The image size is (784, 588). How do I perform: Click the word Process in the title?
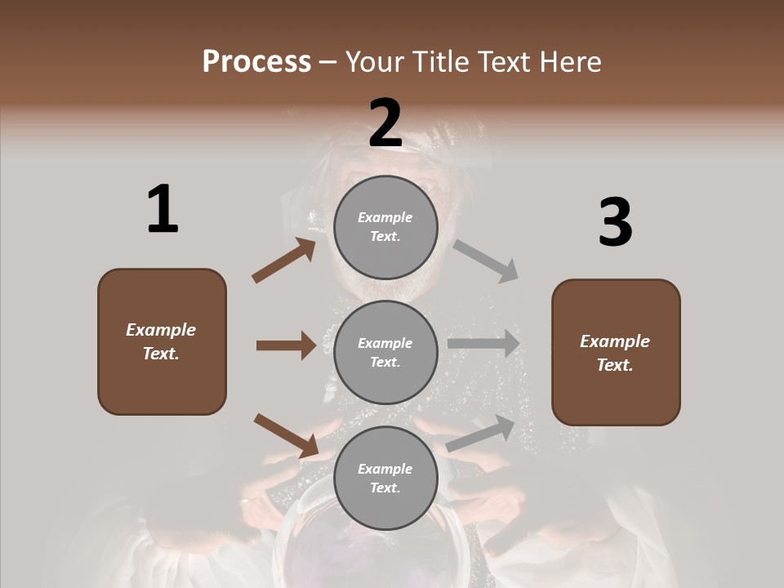(x=256, y=62)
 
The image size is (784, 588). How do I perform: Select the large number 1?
(x=163, y=209)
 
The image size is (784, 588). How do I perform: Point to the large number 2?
(x=385, y=122)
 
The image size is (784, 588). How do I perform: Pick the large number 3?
(x=616, y=223)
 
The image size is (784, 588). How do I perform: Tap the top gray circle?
(x=385, y=226)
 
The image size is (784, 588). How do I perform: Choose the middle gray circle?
(x=385, y=352)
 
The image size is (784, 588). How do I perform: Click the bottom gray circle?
(x=385, y=478)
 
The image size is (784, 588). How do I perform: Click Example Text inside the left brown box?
(x=161, y=341)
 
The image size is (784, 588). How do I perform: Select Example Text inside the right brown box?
(x=615, y=353)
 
